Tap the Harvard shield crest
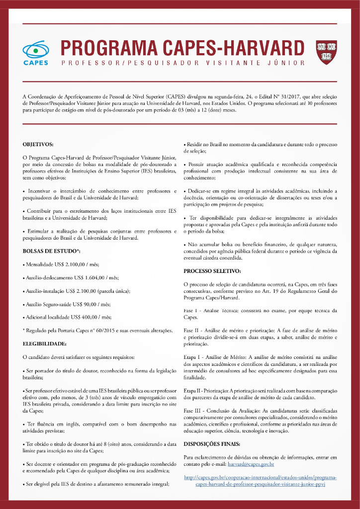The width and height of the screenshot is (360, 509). pos(326,52)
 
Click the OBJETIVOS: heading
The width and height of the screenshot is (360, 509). pos(38,145)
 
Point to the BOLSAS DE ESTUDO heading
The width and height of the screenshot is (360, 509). pos(51,252)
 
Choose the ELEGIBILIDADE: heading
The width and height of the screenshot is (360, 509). pos(45,343)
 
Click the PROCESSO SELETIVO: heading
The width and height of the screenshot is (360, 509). pos(212,271)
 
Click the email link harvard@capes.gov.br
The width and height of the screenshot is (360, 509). pos(251,464)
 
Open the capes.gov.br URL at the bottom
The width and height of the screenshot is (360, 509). pos(260,480)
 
